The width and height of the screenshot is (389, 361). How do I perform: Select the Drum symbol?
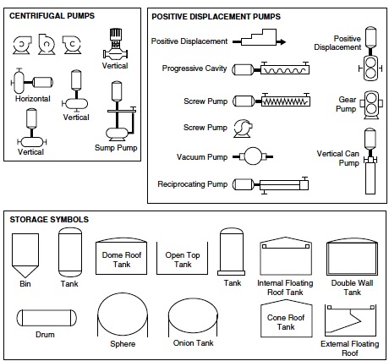click(47, 318)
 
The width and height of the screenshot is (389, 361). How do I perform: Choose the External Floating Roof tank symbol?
click(350, 320)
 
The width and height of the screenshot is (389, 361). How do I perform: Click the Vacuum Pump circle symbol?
click(253, 156)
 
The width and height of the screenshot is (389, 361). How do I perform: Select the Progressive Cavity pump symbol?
click(271, 68)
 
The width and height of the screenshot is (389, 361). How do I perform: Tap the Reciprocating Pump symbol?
click(271, 185)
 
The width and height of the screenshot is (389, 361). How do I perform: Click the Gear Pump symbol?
click(371, 105)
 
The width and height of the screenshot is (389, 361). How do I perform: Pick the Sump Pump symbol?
click(118, 112)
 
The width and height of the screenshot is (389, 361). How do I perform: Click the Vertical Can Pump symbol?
click(370, 161)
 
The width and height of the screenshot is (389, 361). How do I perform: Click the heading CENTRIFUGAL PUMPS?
click(52, 16)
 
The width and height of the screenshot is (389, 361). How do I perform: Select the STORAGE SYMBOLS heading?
click(49, 220)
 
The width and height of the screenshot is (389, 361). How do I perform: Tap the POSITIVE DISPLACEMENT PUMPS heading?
click(216, 17)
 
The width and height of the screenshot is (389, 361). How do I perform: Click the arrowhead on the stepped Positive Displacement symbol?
click(282, 42)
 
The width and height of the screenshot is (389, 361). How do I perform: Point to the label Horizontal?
click(33, 99)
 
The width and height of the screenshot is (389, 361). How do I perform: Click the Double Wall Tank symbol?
click(352, 257)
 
